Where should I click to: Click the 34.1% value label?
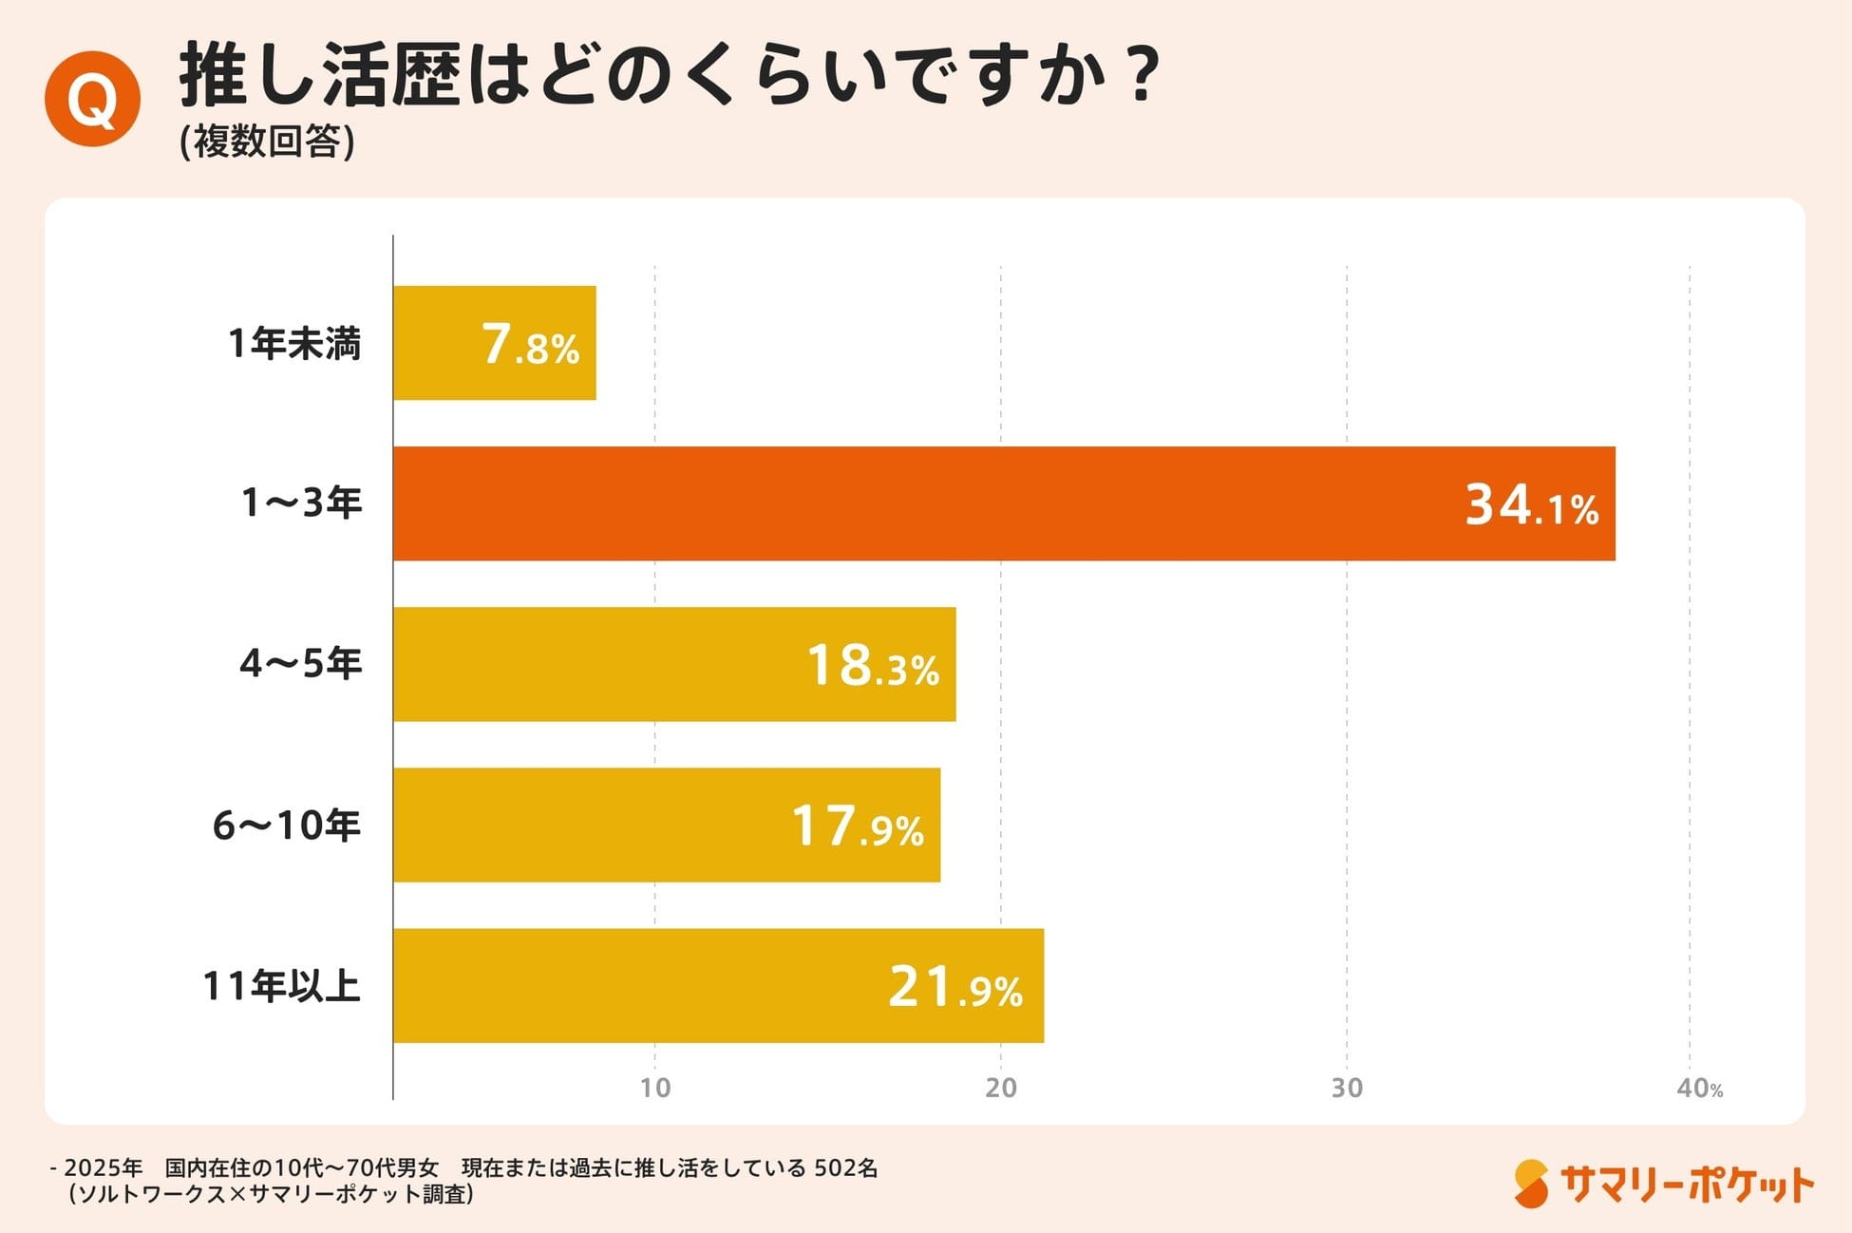coord(1531,505)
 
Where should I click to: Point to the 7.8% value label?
coord(530,345)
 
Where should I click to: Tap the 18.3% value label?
coord(872,666)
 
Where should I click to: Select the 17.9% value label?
coord(857,826)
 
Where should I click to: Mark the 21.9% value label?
coord(954,987)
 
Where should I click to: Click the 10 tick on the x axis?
coord(654,1088)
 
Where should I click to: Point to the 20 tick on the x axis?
coord(1000,1088)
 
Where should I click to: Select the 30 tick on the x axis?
coord(1346,1088)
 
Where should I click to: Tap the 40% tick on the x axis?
coord(1698,1089)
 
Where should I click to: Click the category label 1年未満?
coord(294,343)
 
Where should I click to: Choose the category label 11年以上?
coord(281,986)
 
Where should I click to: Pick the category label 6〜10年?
coord(286,825)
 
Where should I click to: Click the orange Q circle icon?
coord(92,99)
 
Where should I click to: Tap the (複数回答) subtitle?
coord(267,142)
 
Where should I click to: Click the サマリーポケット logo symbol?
coord(1530,1184)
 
